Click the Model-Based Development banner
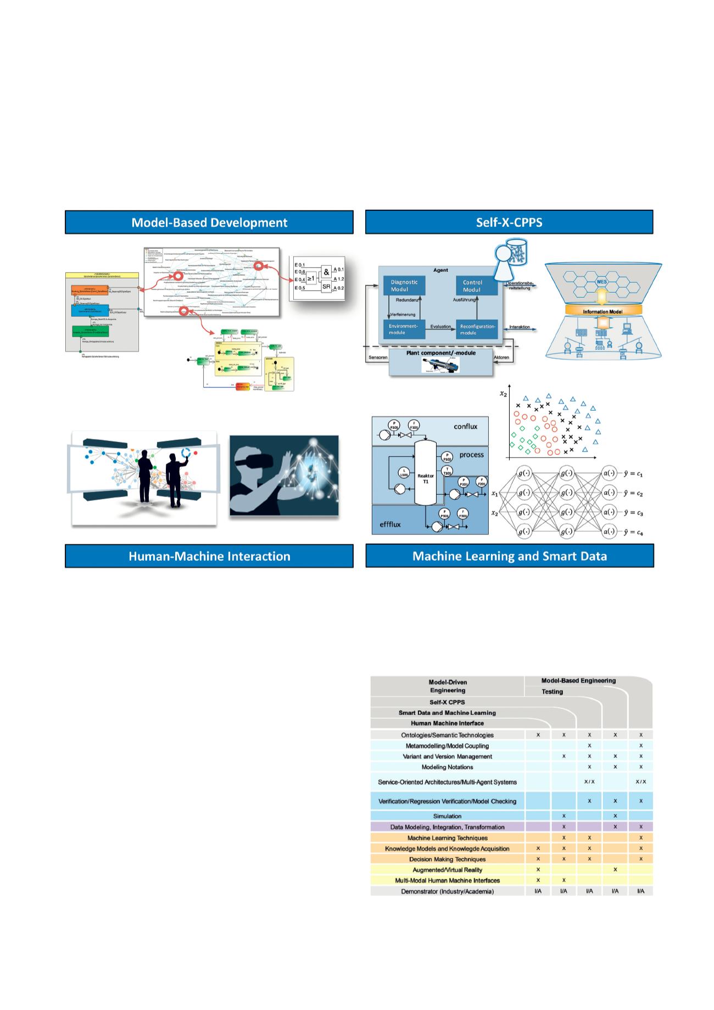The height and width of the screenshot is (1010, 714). (x=209, y=222)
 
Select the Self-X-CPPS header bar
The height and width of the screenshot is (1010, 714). (x=509, y=222)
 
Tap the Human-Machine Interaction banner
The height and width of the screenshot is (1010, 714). (x=209, y=556)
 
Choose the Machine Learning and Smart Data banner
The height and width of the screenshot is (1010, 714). (x=509, y=556)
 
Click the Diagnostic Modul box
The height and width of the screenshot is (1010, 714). (x=404, y=286)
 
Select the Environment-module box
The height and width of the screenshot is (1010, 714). (x=404, y=329)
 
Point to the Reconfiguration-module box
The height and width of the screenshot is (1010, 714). (x=477, y=329)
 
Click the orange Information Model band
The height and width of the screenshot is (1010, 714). (x=603, y=311)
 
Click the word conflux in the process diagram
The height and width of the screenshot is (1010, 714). (x=465, y=427)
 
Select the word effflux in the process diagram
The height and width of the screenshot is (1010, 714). (x=390, y=524)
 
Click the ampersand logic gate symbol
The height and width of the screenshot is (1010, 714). (x=327, y=271)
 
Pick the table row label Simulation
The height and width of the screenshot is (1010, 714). (x=447, y=816)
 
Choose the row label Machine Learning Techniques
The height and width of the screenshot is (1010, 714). (x=447, y=838)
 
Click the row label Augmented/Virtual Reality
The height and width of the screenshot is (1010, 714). (x=447, y=869)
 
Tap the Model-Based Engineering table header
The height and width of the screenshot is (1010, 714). (x=578, y=680)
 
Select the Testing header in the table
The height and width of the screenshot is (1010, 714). (x=552, y=691)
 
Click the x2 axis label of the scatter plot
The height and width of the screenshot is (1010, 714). (x=503, y=393)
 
